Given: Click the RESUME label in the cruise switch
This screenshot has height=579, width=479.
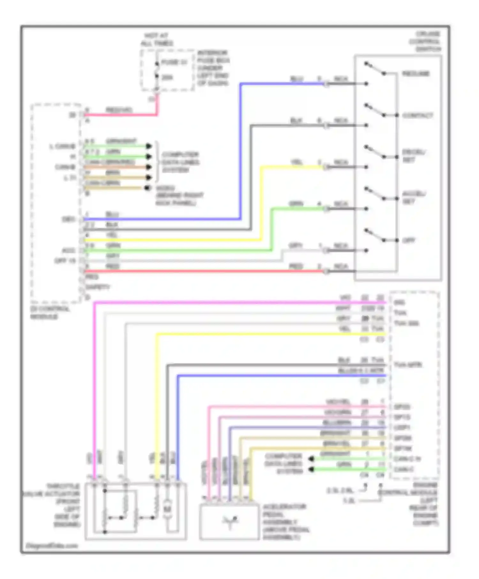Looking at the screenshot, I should [415, 74].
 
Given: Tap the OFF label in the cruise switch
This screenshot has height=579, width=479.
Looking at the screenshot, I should [409, 240].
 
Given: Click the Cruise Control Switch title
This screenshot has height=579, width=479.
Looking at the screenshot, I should [425, 41].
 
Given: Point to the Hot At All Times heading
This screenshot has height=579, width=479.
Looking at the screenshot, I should [157, 39].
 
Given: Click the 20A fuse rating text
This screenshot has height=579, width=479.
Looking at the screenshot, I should [167, 78].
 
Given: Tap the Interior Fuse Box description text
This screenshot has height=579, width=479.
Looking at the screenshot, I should [213, 68].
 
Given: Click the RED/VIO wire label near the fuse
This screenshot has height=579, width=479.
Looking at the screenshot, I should [119, 110].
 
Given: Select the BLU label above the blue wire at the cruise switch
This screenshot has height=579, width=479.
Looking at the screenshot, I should [297, 79].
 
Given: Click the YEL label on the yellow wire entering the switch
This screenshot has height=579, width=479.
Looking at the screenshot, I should [297, 162].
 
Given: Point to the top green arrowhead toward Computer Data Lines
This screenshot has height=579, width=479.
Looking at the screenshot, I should [148, 146].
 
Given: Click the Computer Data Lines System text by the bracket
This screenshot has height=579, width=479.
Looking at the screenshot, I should [180, 162].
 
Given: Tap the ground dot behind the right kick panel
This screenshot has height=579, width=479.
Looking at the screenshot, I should [147, 188].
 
